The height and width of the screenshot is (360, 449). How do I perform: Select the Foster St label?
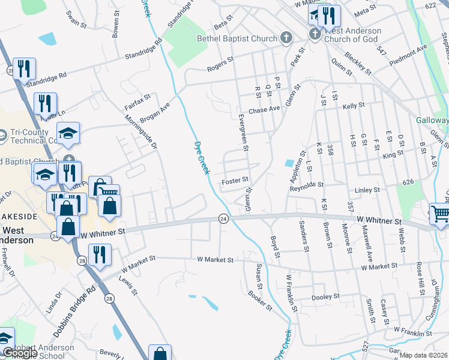click(x=235, y=180)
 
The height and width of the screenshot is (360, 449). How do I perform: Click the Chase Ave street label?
click(x=265, y=110)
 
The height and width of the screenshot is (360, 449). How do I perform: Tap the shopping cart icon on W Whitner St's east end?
click(x=440, y=214)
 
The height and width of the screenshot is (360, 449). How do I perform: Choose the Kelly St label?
click(x=354, y=106)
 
